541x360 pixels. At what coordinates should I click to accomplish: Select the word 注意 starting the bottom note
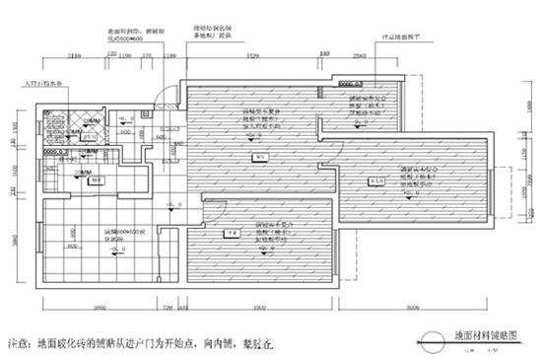tap(19, 345)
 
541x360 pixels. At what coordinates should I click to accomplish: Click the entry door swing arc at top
tap(169, 95)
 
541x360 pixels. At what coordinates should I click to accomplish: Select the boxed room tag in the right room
tap(374, 181)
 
